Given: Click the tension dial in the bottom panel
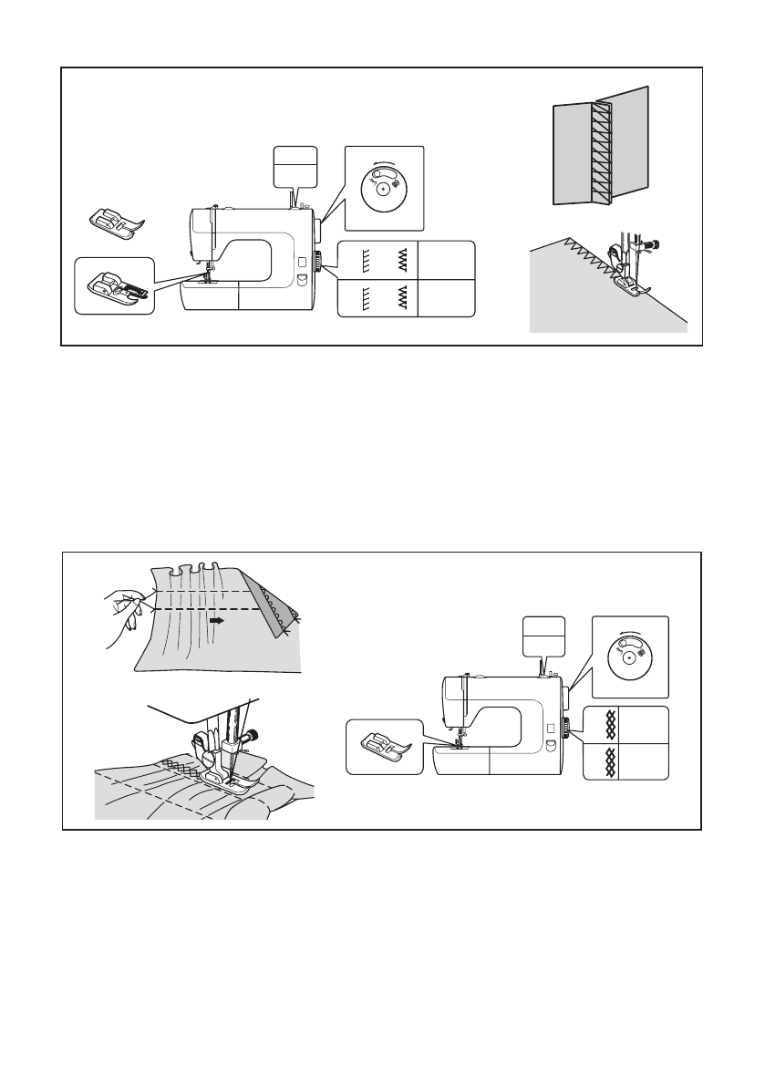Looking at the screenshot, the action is [629, 657].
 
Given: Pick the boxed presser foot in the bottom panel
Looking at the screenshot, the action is [384, 747].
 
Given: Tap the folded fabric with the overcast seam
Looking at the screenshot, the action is [600, 150].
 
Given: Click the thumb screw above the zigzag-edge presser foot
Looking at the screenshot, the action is [654, 244].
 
